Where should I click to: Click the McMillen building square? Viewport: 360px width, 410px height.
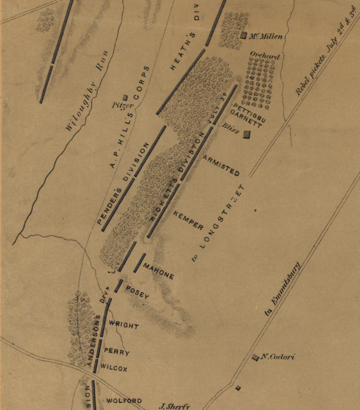(x=244, y=35)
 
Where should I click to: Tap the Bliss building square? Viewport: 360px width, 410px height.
(x=246, y=134)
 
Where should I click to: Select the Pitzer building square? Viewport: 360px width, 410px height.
(x=125, y=98)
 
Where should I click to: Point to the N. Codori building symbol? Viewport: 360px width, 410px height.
(x=255, y=357)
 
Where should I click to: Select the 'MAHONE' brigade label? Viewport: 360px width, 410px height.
(x=159, y=271)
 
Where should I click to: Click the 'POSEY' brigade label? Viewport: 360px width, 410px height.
(x=137, y=292)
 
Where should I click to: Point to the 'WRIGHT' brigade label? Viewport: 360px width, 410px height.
(x=123, y=326)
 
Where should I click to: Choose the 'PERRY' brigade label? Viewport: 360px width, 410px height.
(x=117, y=352)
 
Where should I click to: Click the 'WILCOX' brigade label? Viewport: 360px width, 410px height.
(x=114, y=368)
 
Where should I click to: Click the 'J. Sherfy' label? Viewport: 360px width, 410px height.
(x=175, y=406)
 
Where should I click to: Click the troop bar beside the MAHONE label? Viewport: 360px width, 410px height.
(x=139, y=263)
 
